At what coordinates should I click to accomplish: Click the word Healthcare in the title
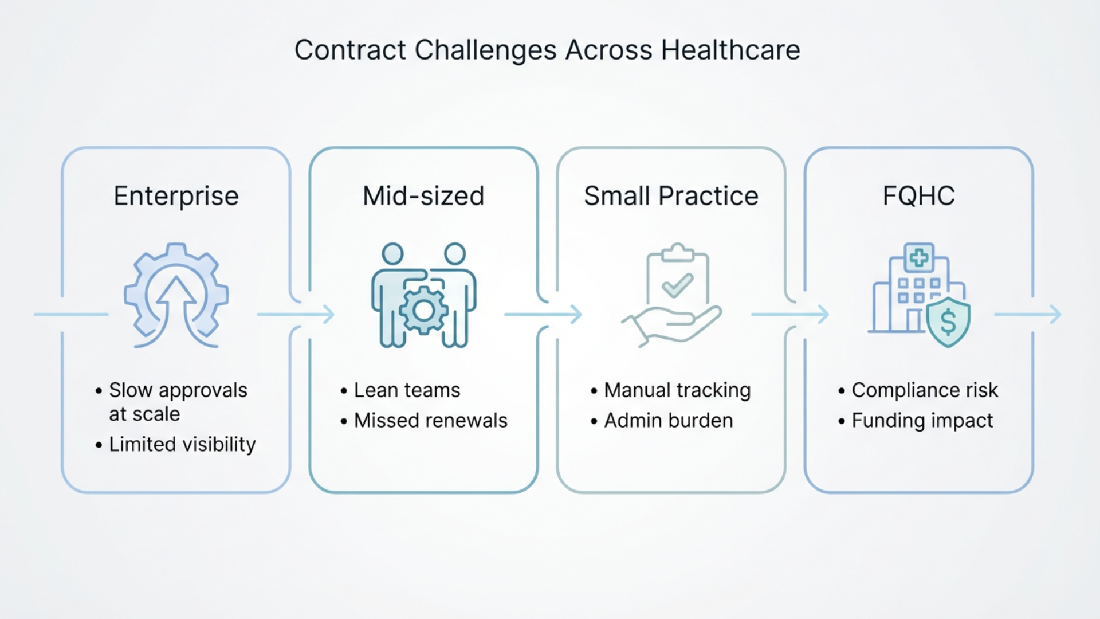730,50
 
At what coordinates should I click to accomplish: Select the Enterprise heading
176,196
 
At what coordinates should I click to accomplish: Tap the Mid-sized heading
423,196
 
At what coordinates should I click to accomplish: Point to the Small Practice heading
671,196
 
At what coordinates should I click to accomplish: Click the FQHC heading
918,196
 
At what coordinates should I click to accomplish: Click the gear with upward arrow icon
176,295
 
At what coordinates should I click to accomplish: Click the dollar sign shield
948,322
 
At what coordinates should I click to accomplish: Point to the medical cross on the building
919,258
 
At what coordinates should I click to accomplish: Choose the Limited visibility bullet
182,444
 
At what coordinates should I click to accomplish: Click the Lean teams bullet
407,390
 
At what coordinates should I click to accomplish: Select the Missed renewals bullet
430,421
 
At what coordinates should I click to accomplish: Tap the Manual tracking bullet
677,390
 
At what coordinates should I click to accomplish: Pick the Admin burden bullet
668,421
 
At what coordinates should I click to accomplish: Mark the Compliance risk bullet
925,390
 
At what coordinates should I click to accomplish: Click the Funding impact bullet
922,421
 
